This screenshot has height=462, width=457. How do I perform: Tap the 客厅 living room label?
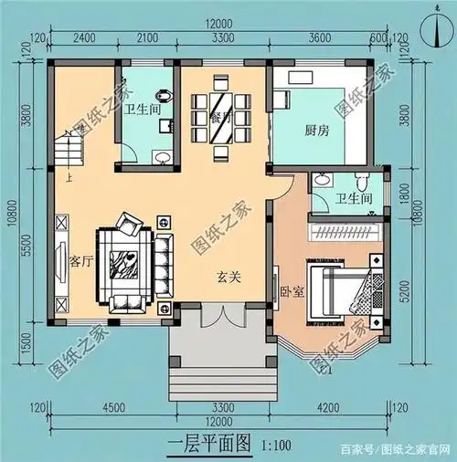tap(81, 260)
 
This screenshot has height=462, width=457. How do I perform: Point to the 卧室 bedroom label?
tap(292, 292)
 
